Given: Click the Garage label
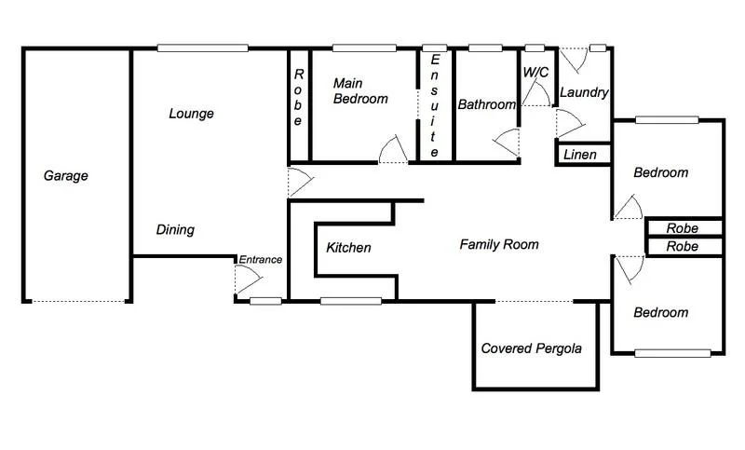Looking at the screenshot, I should [x=65, y=175].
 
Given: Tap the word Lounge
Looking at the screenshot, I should [x=191, y=114].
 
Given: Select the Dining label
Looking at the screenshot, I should [x=175, y=230].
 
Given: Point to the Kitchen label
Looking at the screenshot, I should [x=348, y=248].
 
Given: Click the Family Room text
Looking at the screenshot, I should [x=499, y=245].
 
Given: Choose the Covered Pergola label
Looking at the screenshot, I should [x=531, y=349].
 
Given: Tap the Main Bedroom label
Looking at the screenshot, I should [x=360, y=91].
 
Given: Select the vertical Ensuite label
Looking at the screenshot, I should [x=434, y=104].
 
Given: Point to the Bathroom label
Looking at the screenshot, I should [x=486, y=105].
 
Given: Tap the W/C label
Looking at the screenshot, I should [x=535, y=72].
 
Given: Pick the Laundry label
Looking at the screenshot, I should [x=584, y=93].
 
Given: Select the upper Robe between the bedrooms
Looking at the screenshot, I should [x=683, y=228].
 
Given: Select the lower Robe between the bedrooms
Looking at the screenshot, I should [x=683, y=247].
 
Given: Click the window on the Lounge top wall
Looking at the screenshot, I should [x=202, y=48].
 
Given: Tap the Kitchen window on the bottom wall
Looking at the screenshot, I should [x=351, y=301].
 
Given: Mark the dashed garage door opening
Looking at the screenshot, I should [x=76, y=301].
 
